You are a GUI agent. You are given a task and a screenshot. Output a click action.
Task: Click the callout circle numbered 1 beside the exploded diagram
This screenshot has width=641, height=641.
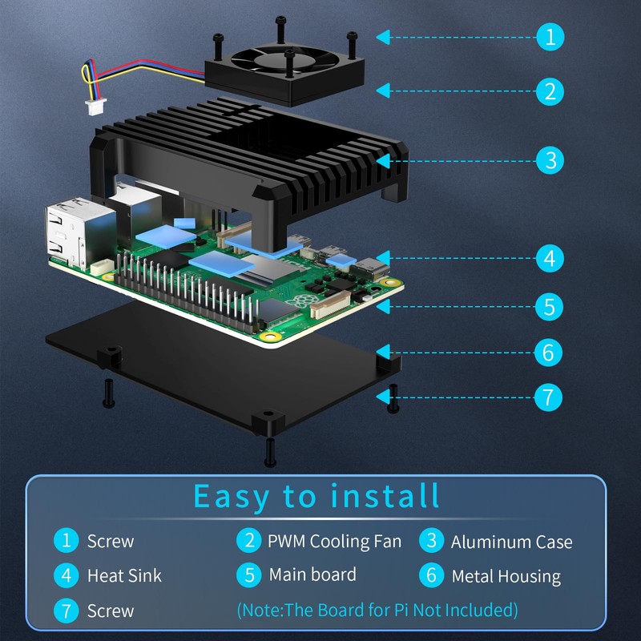pyautogui.click(x=550, y=37)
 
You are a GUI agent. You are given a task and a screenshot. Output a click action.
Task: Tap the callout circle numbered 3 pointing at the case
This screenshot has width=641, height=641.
pyautogui.click(x=550, y=160)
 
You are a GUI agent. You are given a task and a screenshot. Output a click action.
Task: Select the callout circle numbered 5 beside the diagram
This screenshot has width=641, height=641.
pyautogui.click(x=550, y=307)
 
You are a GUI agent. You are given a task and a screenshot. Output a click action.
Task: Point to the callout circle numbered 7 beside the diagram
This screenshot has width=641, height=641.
pyautogui.click(x=548, y=397)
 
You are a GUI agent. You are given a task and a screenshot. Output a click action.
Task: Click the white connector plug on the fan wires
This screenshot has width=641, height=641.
pyautogui.click(x=95, y=107)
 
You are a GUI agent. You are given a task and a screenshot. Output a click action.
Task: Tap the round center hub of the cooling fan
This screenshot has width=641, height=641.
pyautogui.click(x=285, y=61)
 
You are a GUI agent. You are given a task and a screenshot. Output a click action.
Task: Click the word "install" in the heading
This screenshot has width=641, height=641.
pyautogui.click(x=385, y=496)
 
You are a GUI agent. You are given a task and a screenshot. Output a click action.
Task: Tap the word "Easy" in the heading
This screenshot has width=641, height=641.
pyautogui.click(x=231, y=497)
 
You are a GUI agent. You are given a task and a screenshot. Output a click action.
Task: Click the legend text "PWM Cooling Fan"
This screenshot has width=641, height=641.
pyautogui.click(x=334, y=542)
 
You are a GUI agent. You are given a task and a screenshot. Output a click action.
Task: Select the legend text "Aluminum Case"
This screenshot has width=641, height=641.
pyautogui.click(x=511, y=542)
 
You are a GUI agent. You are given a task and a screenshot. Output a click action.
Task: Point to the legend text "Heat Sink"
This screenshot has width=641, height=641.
pyautogui.click(x=124, y=575)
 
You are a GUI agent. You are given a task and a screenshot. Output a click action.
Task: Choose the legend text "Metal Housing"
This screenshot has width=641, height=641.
pyautogui.click(x=506, y=577)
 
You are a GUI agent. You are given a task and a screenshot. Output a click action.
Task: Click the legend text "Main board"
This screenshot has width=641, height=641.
pyautogui.click(x=312, y=574)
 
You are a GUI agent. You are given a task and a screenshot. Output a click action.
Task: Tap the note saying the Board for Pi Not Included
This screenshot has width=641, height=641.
pyautogui.click(x=377, y=610)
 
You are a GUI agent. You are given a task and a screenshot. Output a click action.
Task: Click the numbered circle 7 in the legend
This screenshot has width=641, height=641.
pyautogui.click(x=66, y=611)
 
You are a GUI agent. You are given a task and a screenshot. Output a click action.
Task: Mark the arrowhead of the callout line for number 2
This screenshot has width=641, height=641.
pyautogui.click(x=383, y=91)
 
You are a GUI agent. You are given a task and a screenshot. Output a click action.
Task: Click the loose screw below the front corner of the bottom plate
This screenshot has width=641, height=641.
pyautogui.click(x=270, y=452)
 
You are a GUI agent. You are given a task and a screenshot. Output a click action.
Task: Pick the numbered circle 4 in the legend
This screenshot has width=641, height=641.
pyautogui.click(x=66, y=575)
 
